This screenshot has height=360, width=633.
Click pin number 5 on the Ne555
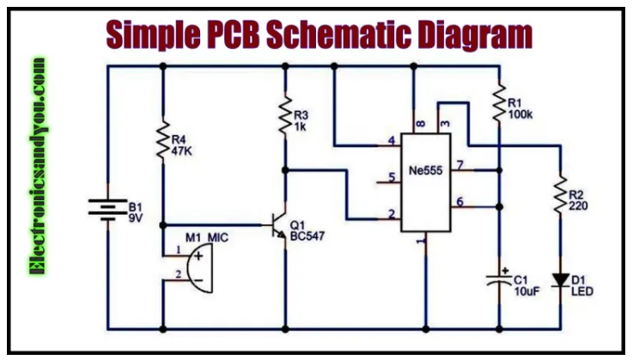[x=392, y=178]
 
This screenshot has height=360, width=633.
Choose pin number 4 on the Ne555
[x=392, y=140]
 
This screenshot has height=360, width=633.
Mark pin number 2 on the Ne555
[x=392, y=214]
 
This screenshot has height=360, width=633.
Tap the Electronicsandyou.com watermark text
[x=37, y=167]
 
